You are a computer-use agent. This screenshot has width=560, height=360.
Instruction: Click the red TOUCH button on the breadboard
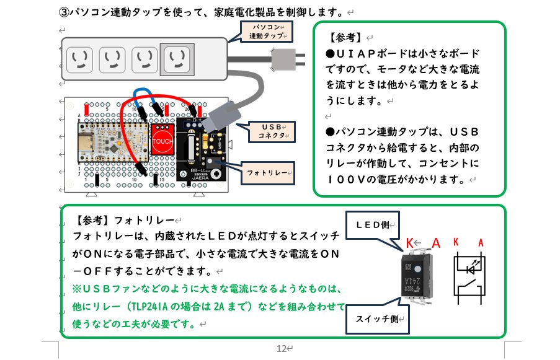tap(162, 140)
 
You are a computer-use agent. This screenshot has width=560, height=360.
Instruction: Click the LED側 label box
tap(371, 224)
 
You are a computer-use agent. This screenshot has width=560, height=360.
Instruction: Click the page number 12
tap(280, 348)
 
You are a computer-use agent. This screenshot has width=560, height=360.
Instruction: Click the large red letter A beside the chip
tap(437, 243)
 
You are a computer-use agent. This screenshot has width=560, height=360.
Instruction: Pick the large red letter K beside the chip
tap(409, 242)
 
